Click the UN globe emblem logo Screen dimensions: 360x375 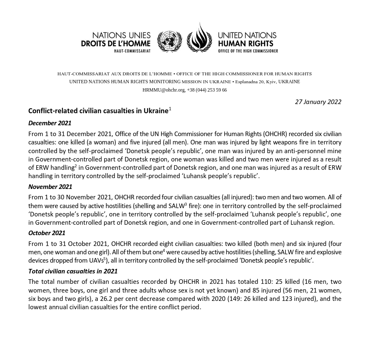(x=169, y=42)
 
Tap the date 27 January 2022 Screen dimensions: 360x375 (x=318, y=102)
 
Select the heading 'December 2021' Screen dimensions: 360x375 (x=50, y=123)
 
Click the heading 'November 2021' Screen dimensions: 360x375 (x=50, y=187)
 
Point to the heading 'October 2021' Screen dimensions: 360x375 (x=47, y=233)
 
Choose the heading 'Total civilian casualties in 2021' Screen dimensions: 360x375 (x=73, y=271)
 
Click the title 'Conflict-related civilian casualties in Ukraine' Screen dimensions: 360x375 (x=98, y=111)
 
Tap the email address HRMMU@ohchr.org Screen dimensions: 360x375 (x=163, y=90)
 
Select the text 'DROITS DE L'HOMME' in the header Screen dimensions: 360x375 (x=116, y=43)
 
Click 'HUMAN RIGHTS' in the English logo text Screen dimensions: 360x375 (x=246, y=43)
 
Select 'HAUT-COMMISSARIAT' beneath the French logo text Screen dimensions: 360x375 (x=132, y=51)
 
